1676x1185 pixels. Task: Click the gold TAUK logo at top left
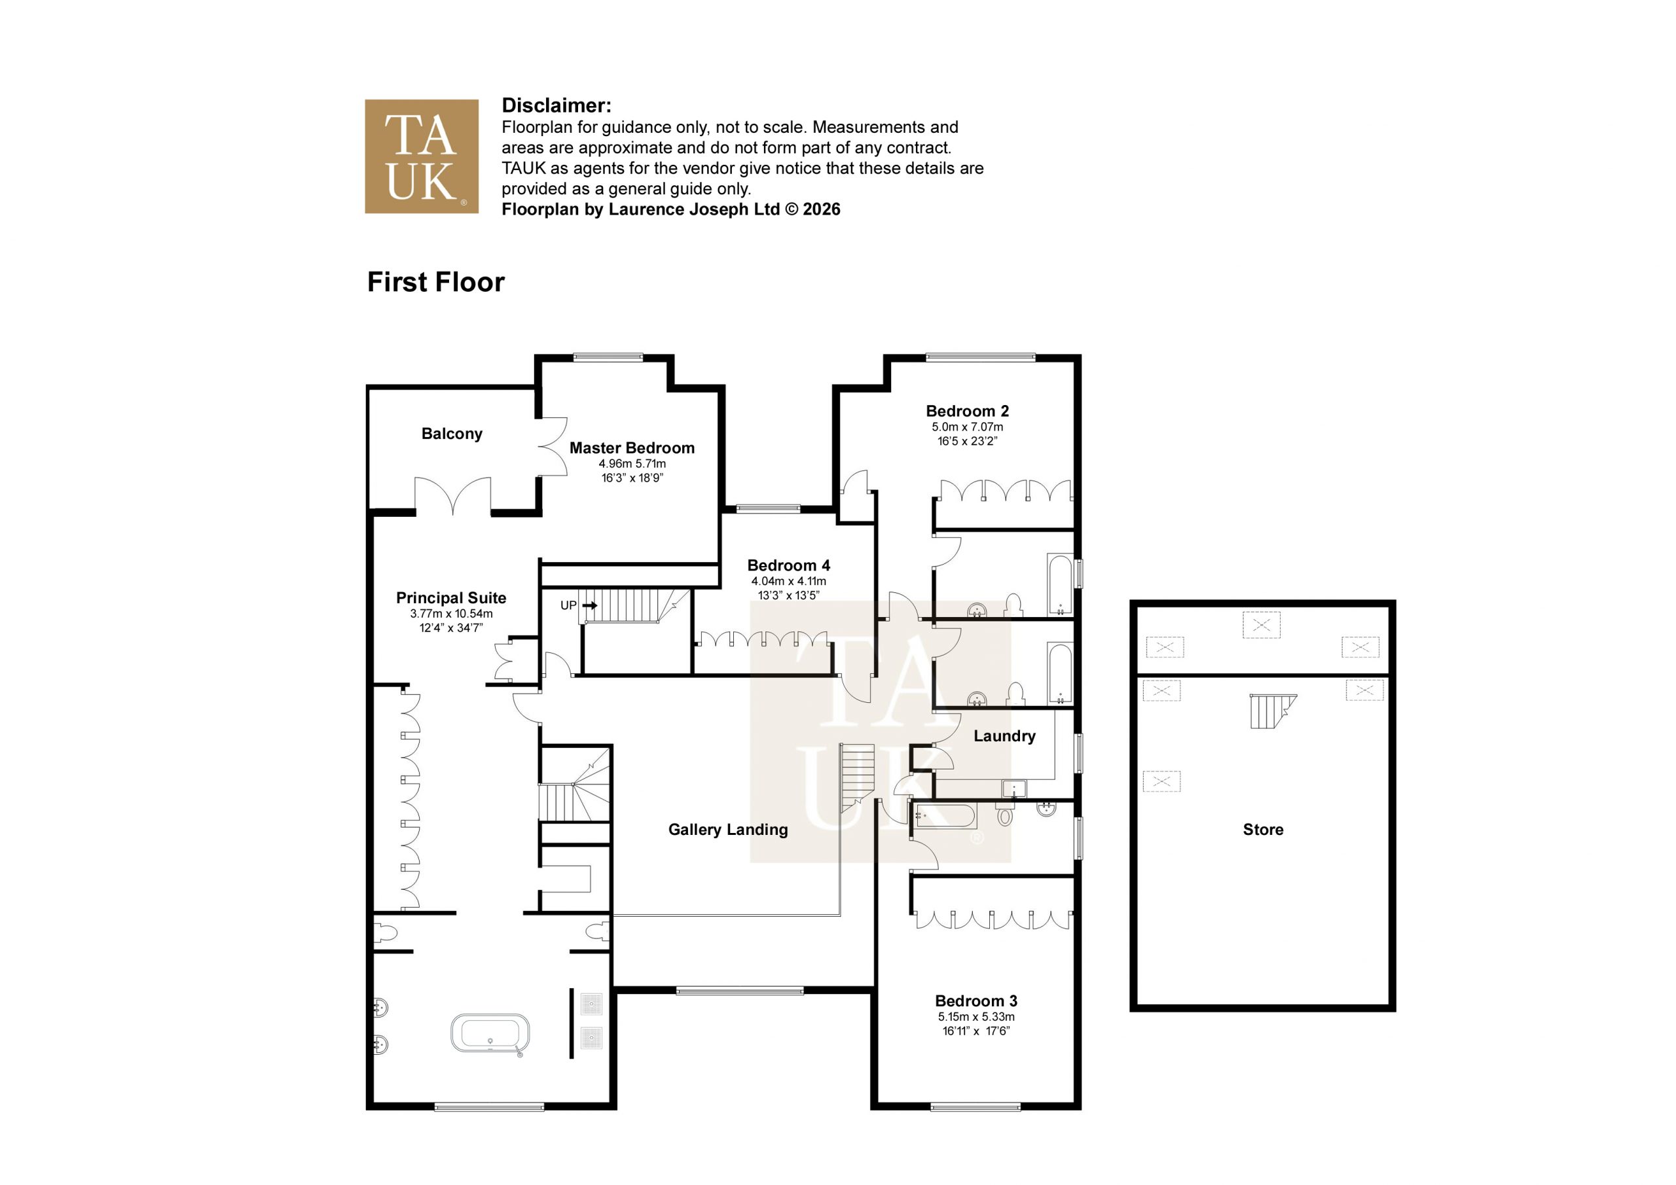tap(421, 156)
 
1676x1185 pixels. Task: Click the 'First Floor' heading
tap(436, 283)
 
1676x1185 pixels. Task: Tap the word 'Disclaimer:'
tap(556, 106)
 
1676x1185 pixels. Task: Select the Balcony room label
tap(452, 433)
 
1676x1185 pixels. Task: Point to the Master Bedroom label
tap(632, 448)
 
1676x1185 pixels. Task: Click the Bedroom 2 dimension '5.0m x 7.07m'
tap(967, 427)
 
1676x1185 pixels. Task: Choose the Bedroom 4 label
tap(788, 565)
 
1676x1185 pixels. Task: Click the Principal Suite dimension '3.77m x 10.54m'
tap(451, 614)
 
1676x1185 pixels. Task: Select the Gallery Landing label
tap(728, 830)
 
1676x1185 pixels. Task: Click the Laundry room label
tap(1004, 736)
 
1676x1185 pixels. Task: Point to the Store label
tap(1263, 830)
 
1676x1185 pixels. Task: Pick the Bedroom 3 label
tap(976, 1001)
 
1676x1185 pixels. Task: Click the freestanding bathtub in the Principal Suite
tap(490, 1033)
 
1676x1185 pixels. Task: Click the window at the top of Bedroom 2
tap(980, 357)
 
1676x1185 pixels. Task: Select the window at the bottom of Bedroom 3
tap(975, 1107)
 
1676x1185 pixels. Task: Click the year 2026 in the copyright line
tap(821, 209)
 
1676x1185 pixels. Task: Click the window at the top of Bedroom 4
tap(768, 508)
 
